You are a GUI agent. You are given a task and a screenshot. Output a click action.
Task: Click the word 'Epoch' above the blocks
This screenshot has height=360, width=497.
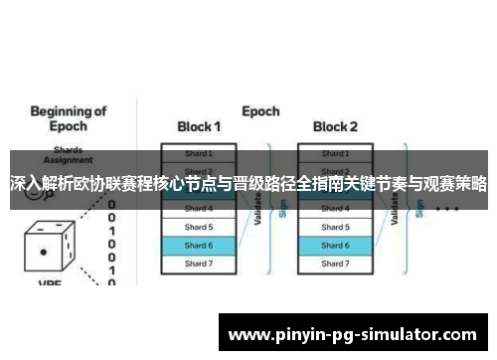(260, 110)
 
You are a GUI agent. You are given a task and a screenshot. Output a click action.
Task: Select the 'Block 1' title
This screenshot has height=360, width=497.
(199, 126)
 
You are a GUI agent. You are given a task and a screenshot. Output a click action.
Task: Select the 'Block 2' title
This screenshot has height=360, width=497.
(335, 126)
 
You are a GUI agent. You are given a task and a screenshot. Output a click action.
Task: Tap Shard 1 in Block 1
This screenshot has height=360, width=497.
(199, 153)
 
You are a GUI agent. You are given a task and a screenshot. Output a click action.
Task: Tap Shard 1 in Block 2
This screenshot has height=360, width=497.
(335, 153)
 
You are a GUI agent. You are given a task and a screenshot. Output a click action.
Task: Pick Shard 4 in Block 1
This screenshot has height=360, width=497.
(199, 209)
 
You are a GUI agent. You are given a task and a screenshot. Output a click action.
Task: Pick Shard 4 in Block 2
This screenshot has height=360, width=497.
(335, 209)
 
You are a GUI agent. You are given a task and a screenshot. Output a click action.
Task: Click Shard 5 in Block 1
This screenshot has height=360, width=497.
(199, 227)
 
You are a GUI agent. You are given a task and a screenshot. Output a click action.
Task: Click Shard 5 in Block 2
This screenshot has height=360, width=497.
(335, 227)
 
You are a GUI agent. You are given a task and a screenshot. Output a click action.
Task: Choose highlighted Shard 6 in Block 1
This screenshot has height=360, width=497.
(199, 245)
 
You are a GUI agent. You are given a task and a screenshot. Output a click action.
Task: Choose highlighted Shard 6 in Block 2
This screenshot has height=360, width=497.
(335, 245)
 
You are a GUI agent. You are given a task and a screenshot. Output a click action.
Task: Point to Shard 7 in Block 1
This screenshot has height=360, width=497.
(199, 264)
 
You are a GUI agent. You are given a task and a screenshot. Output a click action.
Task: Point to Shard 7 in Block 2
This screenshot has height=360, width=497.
(335, 264)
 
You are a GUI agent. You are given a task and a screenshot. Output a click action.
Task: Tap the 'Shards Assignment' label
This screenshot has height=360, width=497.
(61, 159)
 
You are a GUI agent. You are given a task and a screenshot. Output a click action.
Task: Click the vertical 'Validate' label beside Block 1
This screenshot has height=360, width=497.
(257, 209)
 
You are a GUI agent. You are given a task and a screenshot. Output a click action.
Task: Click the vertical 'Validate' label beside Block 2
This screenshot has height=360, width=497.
(395, 209)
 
